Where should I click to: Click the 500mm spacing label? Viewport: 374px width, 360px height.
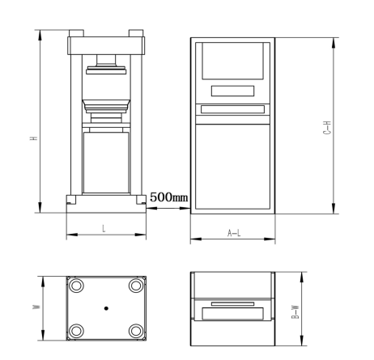[x=168, y=197]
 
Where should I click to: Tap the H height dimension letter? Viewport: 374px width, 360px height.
[x=34, y=138]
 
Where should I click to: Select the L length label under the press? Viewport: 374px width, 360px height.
[x=104, y=229]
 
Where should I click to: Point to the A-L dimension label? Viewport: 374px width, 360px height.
[x=234, y=233]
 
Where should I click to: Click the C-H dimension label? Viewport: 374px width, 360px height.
[x=327, y=128]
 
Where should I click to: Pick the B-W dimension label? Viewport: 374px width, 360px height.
[x=295, y=312]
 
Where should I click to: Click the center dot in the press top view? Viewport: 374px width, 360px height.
[x=106, y=308]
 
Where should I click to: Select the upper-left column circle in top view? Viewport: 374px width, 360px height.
[x=76, y=286]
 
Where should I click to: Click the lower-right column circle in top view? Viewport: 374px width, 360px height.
[x=136, y=331]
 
